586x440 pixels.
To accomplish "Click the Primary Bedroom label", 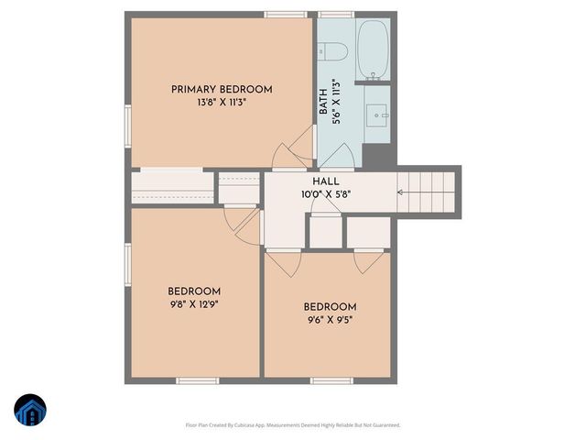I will tap(222, 89).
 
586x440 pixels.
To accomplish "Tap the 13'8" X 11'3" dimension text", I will tap(222, 103).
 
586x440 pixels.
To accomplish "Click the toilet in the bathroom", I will tap(331, 50).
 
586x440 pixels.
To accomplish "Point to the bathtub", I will tap(373, 49).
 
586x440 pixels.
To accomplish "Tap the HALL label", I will tap(325, 182).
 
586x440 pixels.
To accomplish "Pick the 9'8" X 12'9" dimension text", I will tap(194, 303).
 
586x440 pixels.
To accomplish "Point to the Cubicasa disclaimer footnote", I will tap(293, 425).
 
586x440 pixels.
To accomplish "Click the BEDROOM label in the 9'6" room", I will tap(330, 306).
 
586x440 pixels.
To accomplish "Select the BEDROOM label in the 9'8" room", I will tap(194, 291).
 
